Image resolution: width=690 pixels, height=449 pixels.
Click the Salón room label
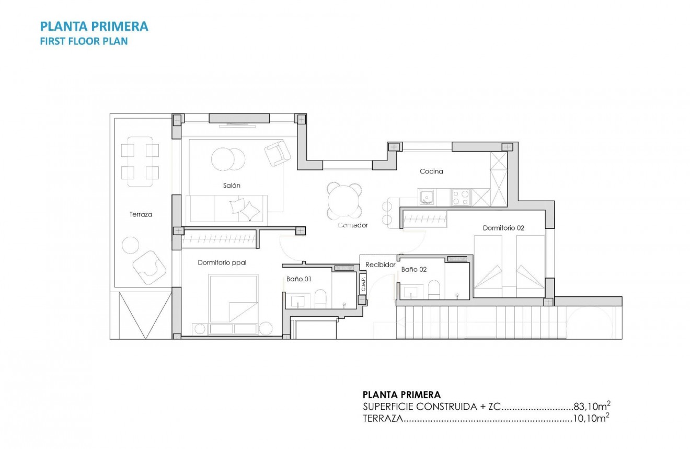pyautogui.click(x=232, y=186)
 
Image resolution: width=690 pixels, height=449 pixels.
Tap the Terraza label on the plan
pyautogui.click(x=141, y=214)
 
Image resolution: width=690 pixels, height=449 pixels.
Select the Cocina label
pyautogui.click(x=431, y=171)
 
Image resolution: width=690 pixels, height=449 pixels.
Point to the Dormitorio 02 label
pyautogui.click(x=503, y=228)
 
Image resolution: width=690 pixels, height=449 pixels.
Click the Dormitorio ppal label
pyautogui.click(x=222, y=263)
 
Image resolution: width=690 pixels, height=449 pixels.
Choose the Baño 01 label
pyautogui.click(x=298, y=279)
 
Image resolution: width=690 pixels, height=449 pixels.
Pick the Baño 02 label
pyautogui.click(x=414, y=270)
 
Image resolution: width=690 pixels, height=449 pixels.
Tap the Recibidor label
pyautogui.click(x=380, y=265)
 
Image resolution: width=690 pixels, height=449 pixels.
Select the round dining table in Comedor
pyautogui.click(x=344, y=200)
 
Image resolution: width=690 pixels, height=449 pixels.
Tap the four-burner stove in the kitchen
pyautogui.click(x=461, y=197)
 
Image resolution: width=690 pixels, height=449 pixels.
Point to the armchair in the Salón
pyautogui.click(x=277, y=153)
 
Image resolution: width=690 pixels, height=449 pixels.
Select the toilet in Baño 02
pyautogui.click(x=434, y=289)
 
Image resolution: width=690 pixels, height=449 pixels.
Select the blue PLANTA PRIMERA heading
pyautogui.click(x=94, y=26)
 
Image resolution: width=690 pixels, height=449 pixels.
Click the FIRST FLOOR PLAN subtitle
pyautogui.click(x=84, y=41)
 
